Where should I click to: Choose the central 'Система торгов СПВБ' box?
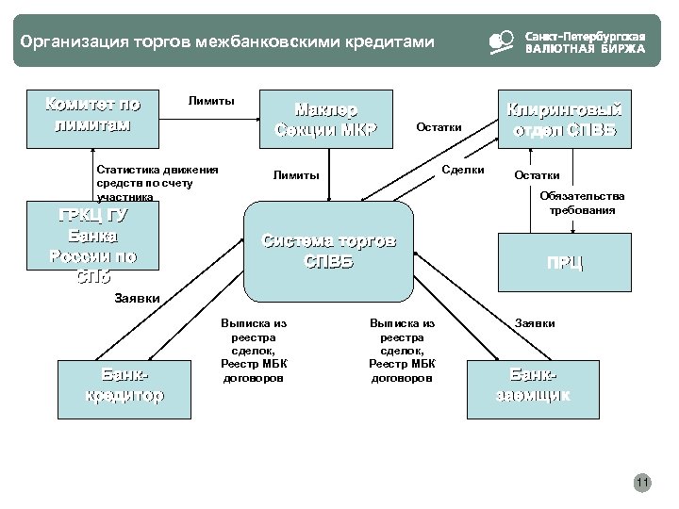(328, 248)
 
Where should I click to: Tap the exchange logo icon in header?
(501, 41)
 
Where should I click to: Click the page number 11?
(642, 484)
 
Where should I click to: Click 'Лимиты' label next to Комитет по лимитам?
(212, 100)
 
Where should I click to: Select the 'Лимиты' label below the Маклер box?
(296, 174)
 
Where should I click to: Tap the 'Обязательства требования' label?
(582, 203)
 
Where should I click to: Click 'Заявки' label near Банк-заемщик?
(535, 322)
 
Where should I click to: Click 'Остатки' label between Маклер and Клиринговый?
(439, 127)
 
